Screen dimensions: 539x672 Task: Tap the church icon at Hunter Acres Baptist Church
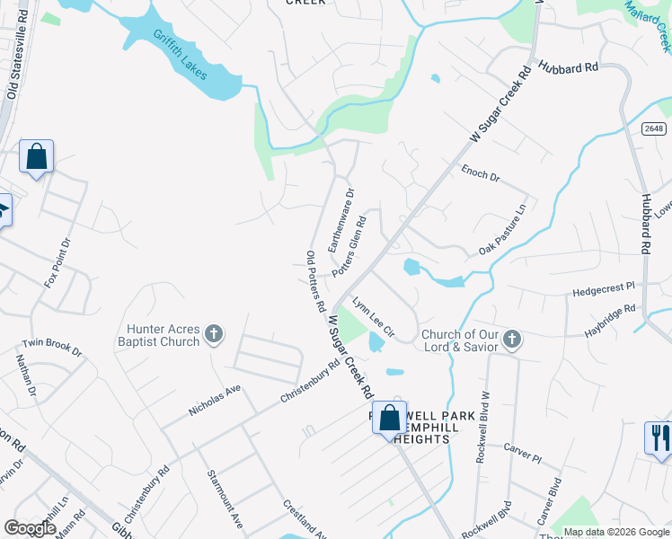213,335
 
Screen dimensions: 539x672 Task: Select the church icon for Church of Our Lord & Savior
511,339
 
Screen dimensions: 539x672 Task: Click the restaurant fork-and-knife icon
658,437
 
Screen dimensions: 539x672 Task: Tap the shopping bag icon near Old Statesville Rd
37,156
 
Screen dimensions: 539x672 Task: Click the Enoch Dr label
480,172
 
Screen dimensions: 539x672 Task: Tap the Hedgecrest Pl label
603,289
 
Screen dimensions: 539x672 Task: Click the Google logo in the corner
31,528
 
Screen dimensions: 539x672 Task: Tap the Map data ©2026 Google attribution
616,532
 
